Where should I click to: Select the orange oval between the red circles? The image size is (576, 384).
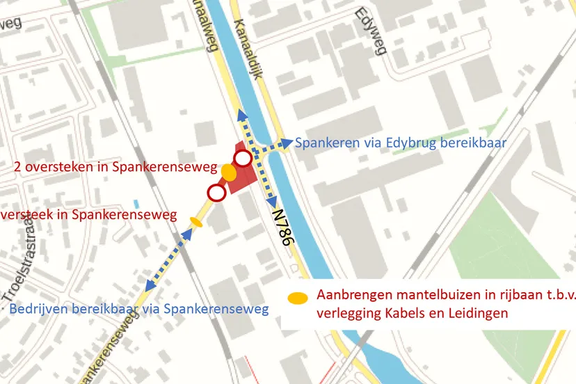point(228,171)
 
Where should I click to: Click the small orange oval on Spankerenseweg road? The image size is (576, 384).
point(196,223)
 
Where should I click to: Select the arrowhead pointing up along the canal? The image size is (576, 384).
point(240,113)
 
